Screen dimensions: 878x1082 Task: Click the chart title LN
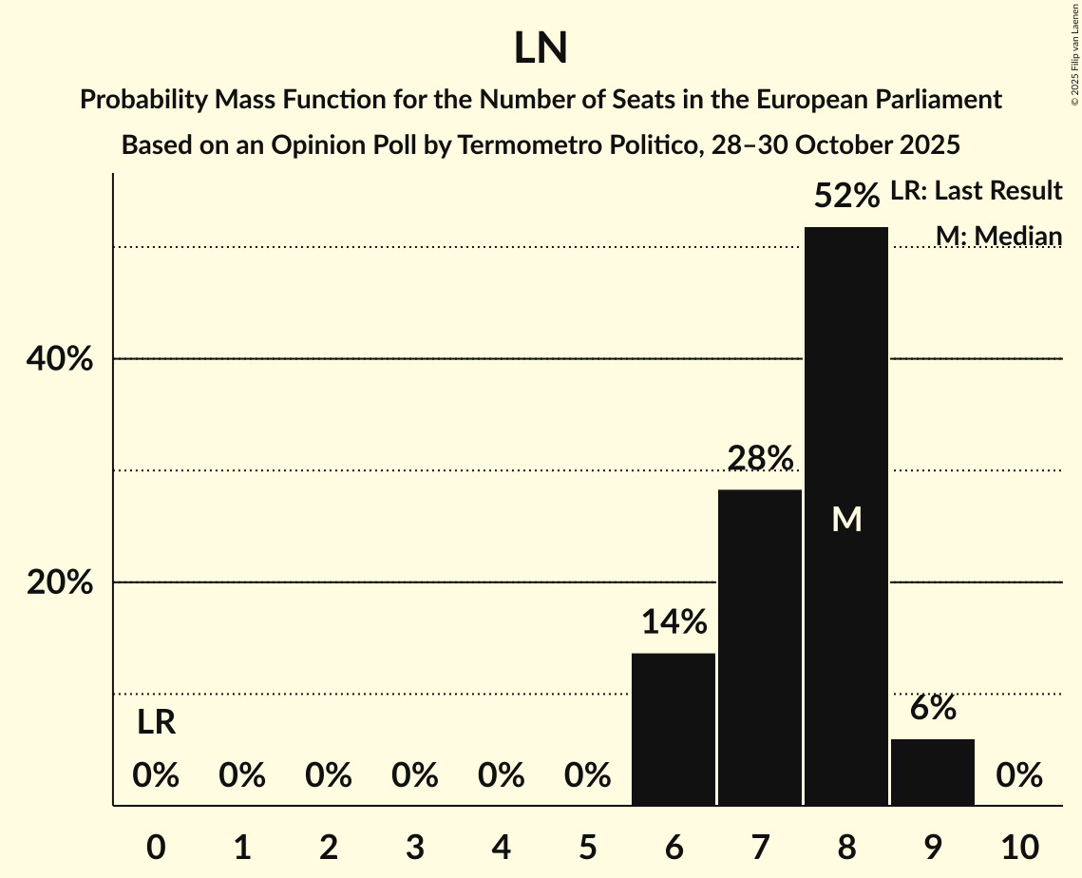click(541, 48)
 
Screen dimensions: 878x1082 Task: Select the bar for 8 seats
click(845, 570)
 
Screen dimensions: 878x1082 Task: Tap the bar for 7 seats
click(759, 646)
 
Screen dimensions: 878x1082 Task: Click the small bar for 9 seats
click(932, 772)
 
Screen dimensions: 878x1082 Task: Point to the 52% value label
click(846, 197)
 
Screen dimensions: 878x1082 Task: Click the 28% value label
click(760, 459)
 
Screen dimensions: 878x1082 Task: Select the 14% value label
click(674, 622)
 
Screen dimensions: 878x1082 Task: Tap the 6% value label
click(932, 708)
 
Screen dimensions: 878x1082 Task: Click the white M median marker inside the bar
click(846, 519)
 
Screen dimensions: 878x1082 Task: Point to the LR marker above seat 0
click(156, 723)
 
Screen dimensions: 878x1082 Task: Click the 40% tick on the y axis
click(60, 360)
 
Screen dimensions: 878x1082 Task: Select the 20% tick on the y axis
click(60, 582)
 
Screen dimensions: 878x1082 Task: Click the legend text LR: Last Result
click(976, 191)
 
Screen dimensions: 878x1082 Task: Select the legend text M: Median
click(998, 236)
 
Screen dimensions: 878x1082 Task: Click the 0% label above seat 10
click(1018, 776)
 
